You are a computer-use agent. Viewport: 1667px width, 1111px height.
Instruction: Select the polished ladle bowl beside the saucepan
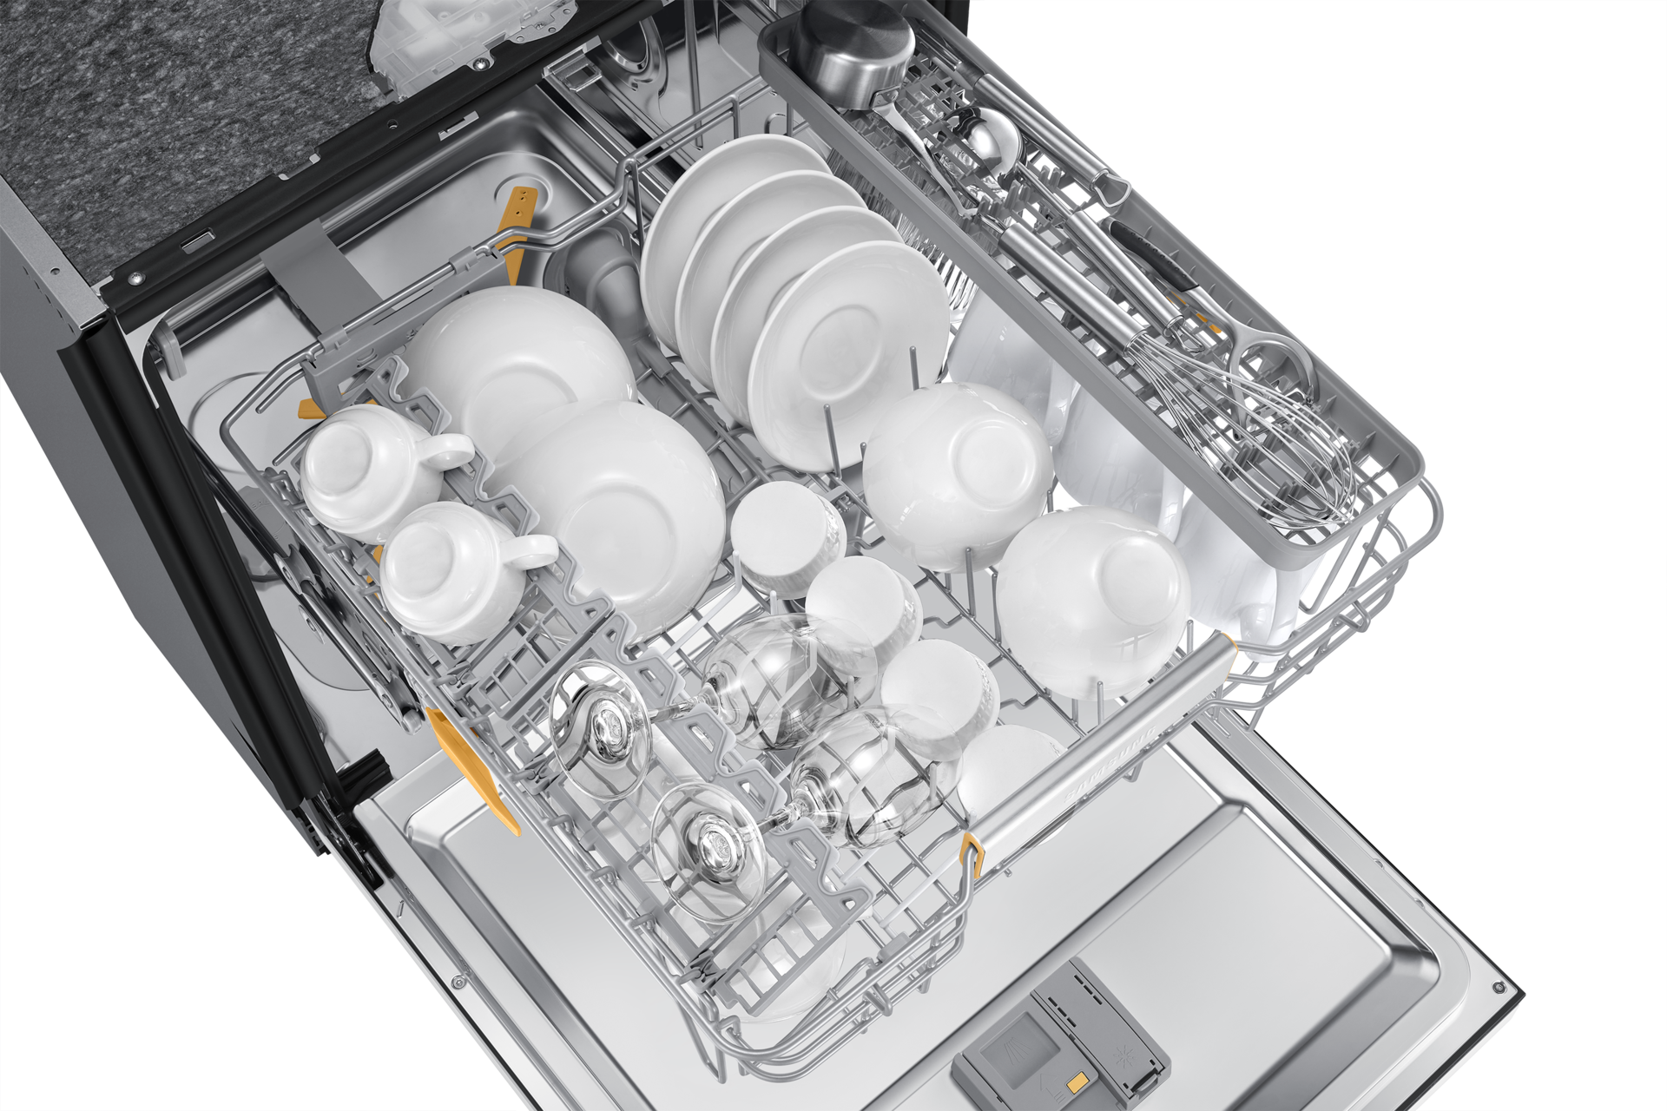point(985,139)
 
